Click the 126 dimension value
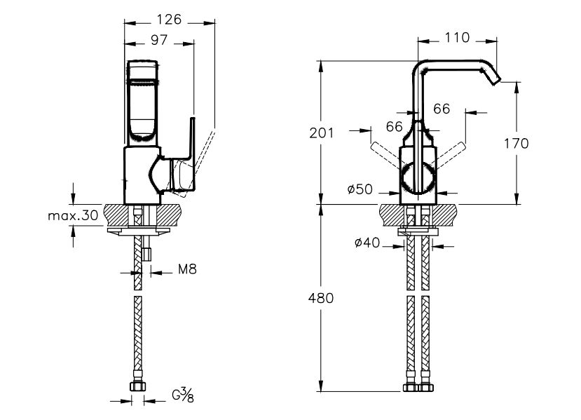pyautogui.click(x=169, y=20)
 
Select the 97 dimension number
pyautogui.click(x=158, y=42)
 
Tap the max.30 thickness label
pyautogui.click(x=73, y=216)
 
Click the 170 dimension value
pyautogui.click(x=516, y=144)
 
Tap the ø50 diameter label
pyautogui.click(x=360, y=189)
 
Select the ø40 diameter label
pyautogui.click(x=367, y=243)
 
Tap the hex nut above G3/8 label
pyautogui.click(x=137, y=386)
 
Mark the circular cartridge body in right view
pyautogui.click(x=418, y=176)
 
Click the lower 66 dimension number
pyautogui.click(x=394, y=126)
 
